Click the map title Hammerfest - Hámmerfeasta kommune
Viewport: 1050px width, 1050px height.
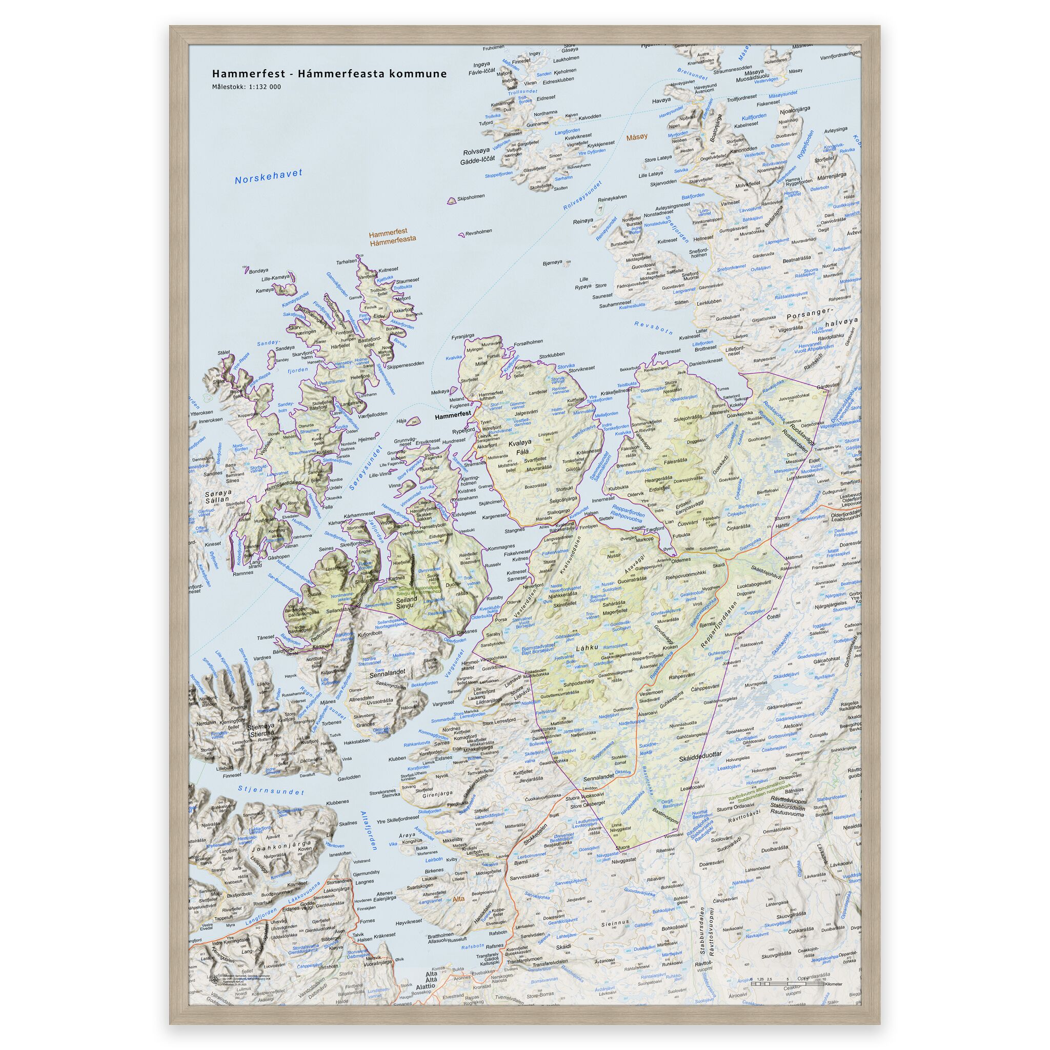click(x=329, y=74)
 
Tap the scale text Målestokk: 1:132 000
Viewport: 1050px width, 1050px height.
click(x=247, y=87)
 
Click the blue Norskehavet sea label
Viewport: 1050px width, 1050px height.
click(x=268, y=177)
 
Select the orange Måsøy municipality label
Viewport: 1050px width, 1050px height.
click(x=637, y=138)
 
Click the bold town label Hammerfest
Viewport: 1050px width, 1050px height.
click(x=452, y=429)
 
